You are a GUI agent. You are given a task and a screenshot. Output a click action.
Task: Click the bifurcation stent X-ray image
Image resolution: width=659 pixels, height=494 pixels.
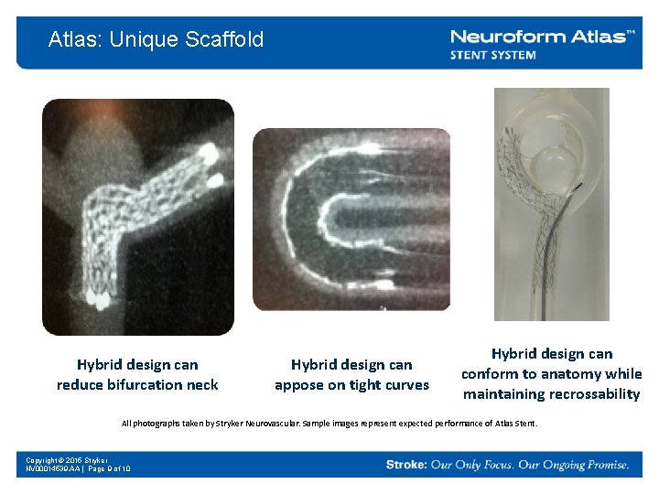(137, 217)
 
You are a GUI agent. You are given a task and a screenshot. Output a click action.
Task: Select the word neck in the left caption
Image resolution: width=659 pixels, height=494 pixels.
(202, 385)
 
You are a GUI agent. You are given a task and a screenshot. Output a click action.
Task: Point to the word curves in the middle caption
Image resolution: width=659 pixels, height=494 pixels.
(406, 385)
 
